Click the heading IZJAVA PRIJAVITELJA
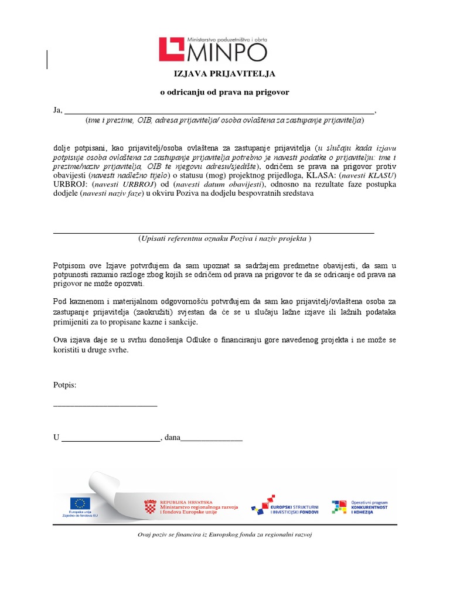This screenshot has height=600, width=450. tap(225, 74)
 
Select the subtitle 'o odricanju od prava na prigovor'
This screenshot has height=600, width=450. tap(225, 92)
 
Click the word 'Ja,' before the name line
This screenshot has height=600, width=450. tap(57, 110)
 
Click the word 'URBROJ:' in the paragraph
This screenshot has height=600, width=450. tap(70, 185)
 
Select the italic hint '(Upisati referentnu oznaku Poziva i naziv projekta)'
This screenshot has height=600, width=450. tap(225, 239)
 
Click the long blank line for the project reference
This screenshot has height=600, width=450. tap(213, 233)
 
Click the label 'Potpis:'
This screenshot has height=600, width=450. tap(64, 386)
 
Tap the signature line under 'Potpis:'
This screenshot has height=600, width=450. tap(105, 404)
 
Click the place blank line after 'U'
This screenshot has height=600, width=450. tap(111, 438)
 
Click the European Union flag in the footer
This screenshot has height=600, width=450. tap(80, 503)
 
